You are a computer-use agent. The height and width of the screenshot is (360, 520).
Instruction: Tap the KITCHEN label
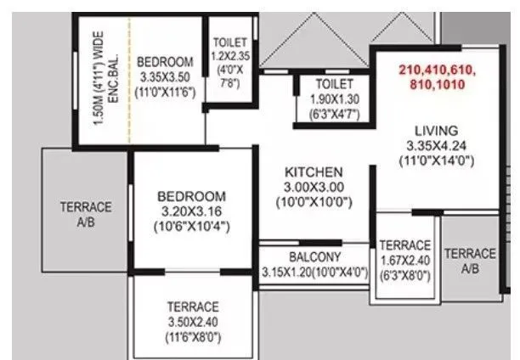[x=314, y=171]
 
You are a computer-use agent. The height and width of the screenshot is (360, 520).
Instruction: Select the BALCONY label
[x=314, y=256]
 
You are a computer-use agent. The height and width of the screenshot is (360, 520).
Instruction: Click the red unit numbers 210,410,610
[x=437, y=69]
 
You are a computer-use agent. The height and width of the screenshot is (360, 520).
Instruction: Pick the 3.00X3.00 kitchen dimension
[x=314, y=186]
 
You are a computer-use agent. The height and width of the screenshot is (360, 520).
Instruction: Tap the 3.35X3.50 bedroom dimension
[x=165, y=76]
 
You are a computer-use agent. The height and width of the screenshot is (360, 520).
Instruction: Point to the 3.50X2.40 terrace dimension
[x=193, y=322]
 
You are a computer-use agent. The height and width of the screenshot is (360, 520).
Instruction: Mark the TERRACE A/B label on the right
[x=470, y=260]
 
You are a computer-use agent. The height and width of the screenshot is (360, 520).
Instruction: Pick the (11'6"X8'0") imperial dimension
[x=193, y=337]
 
